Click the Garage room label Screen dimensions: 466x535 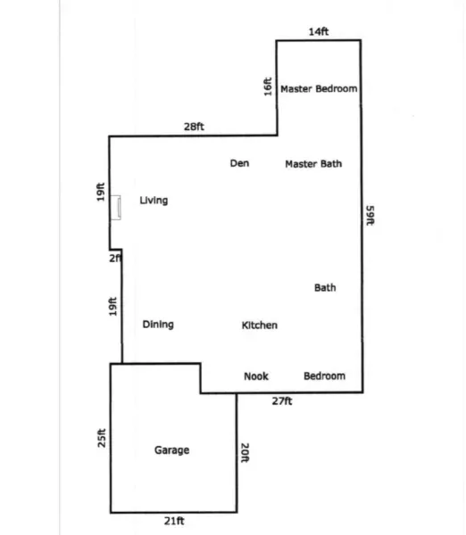pyautogui.click(x=171, y=450)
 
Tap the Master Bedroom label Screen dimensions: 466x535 pyautogui.click(x=319, y=88)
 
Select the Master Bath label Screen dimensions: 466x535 pyautogui.click(x=313, y=164)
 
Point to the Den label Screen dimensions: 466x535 pyautogui.click(x=239, y=163)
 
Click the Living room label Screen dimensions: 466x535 pyautogui.click(x=154, y=201)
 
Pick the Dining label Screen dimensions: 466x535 pyautogui.click(x=158, y=325)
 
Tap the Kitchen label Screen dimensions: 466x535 pyautogui.click(x=260, y=325)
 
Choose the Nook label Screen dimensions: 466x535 pyautogui.click(x=256, y=376)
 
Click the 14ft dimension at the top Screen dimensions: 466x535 pyautogui.click(x=319, y=32)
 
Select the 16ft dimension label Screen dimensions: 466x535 pyautogui.click(x=268, y=86)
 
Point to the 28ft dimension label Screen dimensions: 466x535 pyautogui.click(x=194, y=127)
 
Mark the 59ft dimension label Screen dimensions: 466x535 pyautogui.click(x=370, y=215)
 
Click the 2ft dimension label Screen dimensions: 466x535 pyautogui.click(x=115, y=259)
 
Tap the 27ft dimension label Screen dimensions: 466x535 pyautogui.click(x=282, y=401)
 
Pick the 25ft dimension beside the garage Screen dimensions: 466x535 pyautogui.click(x=102, y=438)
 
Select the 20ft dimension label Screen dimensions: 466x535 pyautogui.click(x=245, y=453)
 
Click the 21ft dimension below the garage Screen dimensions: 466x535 pyautogui.click(x=174, y=521)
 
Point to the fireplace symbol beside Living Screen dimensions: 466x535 pyautogui.click(x=115, y=208)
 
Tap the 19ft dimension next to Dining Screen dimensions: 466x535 pyautogui.click(x=112, y=307)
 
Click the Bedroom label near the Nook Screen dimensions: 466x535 pyautogui.click(x=325, y=376)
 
